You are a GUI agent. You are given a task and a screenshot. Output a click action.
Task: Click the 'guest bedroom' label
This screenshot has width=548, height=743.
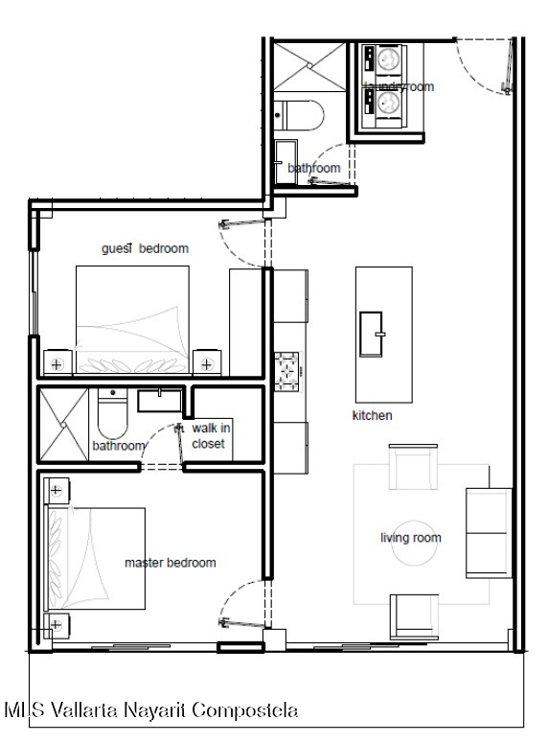tap(145, 248)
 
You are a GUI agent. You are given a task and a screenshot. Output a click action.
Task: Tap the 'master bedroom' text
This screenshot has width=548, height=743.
tap(170, 563)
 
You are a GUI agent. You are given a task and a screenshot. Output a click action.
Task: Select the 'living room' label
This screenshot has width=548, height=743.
tap(411, 538)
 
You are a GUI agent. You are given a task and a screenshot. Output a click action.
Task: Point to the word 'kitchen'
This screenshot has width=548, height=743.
tap(373, 415)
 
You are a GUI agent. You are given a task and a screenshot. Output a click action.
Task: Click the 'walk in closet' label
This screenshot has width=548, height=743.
tap(211, 436)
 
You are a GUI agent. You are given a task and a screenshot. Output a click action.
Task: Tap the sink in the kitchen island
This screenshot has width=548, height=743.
tap(371, 334)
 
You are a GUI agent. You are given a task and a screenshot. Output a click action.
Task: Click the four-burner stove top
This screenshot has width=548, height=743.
tap(287, 372)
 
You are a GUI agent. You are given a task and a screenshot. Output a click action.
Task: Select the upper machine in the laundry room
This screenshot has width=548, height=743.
tap(384, 59)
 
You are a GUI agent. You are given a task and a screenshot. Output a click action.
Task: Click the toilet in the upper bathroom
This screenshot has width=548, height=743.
tap(299, 115)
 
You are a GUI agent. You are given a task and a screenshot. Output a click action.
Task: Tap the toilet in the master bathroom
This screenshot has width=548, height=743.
tap(112, 413)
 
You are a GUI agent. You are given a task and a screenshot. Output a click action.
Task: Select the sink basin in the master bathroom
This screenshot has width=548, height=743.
tap(160, 401)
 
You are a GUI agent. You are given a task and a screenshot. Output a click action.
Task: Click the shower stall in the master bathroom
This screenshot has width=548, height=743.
tap(63, 425)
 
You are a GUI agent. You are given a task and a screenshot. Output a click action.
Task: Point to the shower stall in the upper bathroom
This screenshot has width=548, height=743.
tap(309, 67)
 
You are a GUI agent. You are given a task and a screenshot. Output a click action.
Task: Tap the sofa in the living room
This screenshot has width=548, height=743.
tap(489, 533)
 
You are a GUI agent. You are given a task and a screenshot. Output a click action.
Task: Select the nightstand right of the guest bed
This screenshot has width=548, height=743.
tap(207, 362)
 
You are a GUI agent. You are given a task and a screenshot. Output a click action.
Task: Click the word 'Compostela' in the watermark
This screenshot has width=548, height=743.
tap(245, 710)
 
